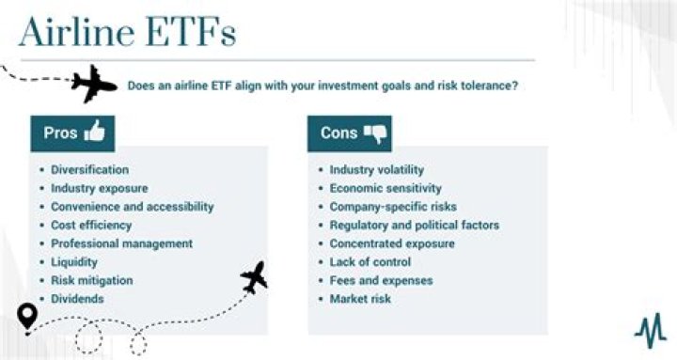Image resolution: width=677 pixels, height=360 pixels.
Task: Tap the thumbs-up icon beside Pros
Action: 94,133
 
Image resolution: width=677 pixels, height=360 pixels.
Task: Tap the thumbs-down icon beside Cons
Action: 375,133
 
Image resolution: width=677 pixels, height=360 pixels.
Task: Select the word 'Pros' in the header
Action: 60,133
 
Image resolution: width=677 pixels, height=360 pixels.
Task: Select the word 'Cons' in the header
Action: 338,133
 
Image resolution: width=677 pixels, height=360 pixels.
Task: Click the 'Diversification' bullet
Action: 89,170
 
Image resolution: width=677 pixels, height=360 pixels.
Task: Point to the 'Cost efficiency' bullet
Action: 91,226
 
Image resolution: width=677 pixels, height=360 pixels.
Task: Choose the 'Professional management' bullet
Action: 121,243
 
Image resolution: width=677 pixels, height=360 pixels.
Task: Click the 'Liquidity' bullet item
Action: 74,262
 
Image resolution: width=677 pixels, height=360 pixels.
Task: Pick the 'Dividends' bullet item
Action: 77,299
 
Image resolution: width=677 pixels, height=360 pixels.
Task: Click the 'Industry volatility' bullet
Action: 376,170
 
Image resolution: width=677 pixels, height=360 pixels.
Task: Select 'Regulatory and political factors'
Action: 414,226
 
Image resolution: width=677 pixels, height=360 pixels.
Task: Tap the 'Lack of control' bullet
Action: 370,262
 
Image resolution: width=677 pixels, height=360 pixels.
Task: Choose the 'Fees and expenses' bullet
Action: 381,280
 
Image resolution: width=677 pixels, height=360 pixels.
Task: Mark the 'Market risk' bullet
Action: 360,299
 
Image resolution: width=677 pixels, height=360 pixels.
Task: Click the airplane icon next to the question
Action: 95,84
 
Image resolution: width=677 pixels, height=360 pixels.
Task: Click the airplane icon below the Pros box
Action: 254,277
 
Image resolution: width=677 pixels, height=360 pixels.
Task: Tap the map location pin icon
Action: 27,316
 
